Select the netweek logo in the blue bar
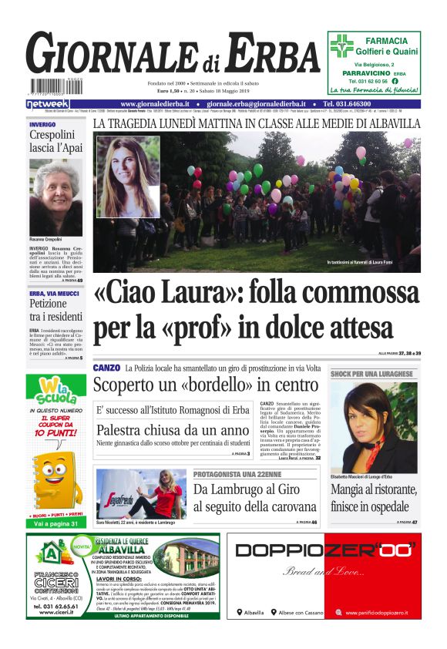coord(48,104)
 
